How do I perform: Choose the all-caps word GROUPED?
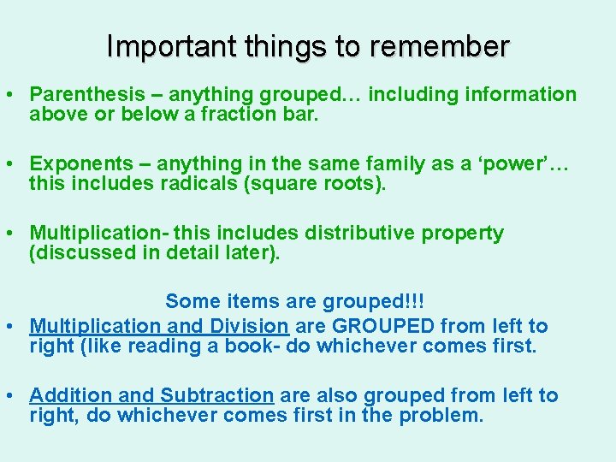pos(382,326)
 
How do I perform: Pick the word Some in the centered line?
pos(190,301)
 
